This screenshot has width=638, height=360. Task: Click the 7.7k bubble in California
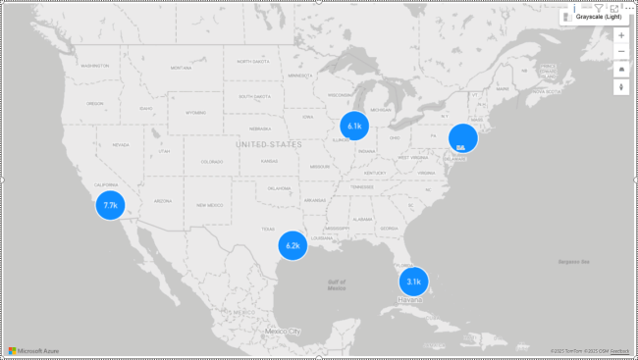click(110, 205)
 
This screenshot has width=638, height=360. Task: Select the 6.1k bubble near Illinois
click(354, 126)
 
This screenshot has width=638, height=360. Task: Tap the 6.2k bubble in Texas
click(292, 245)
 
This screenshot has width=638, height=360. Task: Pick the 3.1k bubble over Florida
click(413, 282)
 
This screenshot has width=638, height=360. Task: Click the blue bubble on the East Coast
click(462, 138)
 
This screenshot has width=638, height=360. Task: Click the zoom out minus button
click(620, 51)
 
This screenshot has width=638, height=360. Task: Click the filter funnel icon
click(599, 8)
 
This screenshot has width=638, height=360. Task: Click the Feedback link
click(620, 350)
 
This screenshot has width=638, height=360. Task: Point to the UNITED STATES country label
click(269, 144)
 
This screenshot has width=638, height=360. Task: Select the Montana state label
click(182, 68)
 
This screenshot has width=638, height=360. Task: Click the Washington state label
click(95, 66)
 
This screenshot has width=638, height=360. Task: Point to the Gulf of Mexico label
click(337, 284)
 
